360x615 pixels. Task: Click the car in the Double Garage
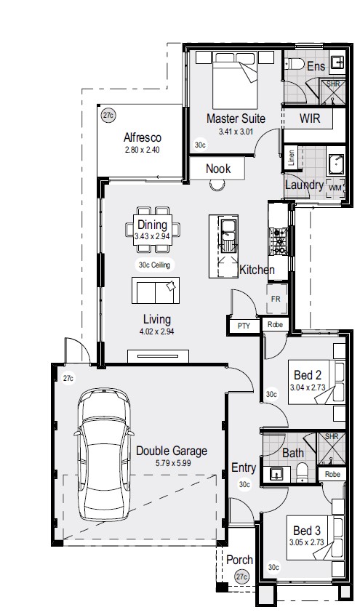[x=104, y=454]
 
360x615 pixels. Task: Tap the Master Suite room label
[x=236, y=118]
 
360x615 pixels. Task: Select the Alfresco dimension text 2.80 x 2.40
[x=142, y=150]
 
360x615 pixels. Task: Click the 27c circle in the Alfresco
[x=108, y=116]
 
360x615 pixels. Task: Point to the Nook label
[x=218, y=169]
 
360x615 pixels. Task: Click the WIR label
[x=310, y=118]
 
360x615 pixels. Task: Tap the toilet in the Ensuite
[x=294, y=64]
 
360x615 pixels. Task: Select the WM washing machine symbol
[x=335, y=188]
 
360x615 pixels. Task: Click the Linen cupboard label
[x=292, y=158]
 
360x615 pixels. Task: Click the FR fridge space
[x=276, y=299]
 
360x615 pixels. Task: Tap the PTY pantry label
[x=244, y=326]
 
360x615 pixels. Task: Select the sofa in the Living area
[x=156, y=290]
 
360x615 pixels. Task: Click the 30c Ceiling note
[x=154, y=265]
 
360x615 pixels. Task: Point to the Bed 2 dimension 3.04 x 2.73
[x=308, y=388]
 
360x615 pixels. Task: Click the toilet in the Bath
[x=302, y=473]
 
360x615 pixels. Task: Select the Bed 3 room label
[x=307, y=531]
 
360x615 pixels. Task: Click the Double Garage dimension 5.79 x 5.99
[x=173, y=463]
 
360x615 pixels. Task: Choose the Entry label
[x=244, y=467]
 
